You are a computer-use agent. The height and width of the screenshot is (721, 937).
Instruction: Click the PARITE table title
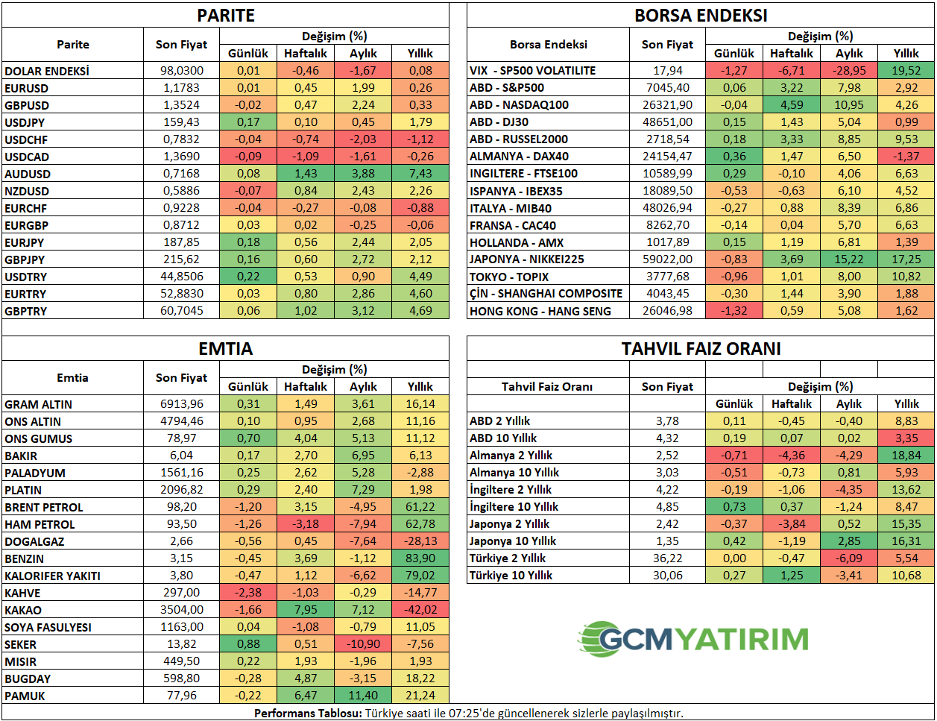(225, 16)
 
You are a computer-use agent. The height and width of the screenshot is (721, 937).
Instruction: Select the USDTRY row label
(25, 277)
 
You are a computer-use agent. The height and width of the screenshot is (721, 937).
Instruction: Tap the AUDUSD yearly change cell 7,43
(420, 174)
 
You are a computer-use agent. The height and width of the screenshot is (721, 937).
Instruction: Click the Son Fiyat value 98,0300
(181, 71)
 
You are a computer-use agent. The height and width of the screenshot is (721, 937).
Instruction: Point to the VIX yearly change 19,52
(906, 71)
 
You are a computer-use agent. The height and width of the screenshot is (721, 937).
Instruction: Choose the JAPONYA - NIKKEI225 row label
(526, 259)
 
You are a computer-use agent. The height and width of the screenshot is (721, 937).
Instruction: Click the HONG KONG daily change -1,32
(734, 311)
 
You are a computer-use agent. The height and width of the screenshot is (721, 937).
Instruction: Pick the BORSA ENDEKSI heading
(701, 16)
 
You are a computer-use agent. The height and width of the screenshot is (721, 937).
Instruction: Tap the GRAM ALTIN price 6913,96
(181, 404)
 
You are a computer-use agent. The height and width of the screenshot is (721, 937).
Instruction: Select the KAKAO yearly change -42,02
(420, 610)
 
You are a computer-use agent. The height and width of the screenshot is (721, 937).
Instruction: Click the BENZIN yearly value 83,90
(420, 558)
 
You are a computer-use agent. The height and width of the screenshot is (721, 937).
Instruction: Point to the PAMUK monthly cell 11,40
(363, 696)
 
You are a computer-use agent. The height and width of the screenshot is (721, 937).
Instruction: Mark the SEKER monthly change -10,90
(363, 644)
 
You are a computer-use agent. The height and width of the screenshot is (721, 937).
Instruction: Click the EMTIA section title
(225, 349)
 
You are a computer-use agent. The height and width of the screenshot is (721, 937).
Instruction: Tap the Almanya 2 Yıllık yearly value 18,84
(906, 456)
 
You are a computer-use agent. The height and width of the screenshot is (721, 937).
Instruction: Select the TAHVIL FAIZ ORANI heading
(701, 349)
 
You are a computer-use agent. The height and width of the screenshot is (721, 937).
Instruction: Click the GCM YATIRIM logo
(693, 639)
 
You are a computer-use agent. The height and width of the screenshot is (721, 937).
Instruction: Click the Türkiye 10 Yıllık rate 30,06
(667, 576)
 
